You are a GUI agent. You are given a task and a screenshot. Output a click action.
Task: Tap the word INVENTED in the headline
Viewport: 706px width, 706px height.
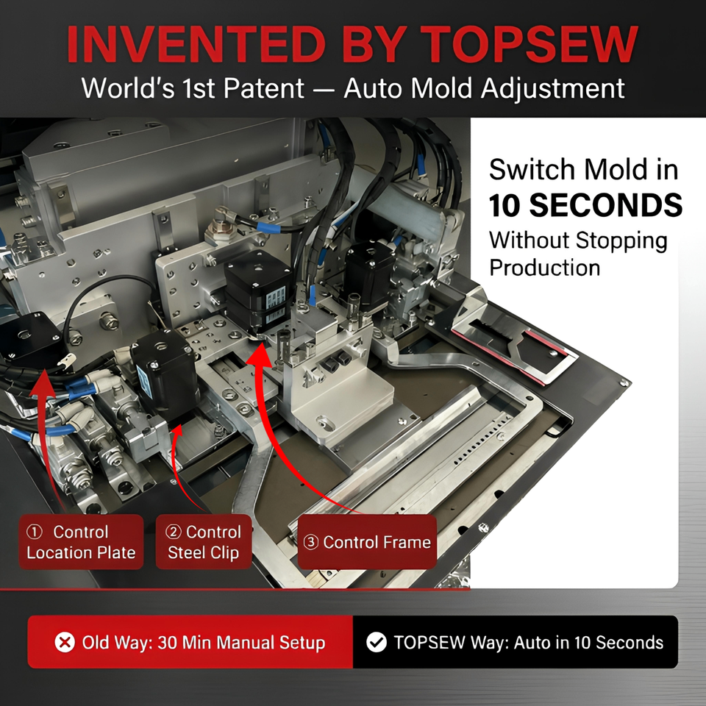pyautogui.click(x=196, y=44)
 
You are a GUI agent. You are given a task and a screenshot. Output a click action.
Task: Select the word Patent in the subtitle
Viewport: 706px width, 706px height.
pyautogui.click(x=264, y=88)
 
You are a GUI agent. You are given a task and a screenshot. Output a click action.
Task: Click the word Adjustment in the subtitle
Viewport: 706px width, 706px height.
pyautogui.click(x=552, y=88)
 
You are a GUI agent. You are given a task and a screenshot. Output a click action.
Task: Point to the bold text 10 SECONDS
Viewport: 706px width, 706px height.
pyautogui.click(x=585, y=205)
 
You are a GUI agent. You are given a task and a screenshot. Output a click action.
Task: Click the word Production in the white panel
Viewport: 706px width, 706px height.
pyautogui.click(x=545, y=268)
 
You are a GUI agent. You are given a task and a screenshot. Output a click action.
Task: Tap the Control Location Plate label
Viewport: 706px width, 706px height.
pyautogui.click(x=81, y=542)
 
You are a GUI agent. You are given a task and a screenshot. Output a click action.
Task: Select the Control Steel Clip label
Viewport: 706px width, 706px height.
pyautogui.click(x=204, y=542)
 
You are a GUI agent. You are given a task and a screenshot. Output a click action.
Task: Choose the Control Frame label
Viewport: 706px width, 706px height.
pyautogui.click(x=368, y=542)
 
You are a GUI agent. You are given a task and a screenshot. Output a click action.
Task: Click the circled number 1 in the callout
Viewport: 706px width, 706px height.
pyautogui.click(x=35, y=532)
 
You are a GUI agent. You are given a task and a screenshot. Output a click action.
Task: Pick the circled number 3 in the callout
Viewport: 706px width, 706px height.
pyautogui.click(x=310, y=542)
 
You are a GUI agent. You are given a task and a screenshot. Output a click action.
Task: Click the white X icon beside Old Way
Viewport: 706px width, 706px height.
pyautogui.click(x=65, y=642)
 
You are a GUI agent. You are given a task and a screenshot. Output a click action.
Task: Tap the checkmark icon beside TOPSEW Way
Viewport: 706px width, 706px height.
pyautogui.click(x=377, y=642)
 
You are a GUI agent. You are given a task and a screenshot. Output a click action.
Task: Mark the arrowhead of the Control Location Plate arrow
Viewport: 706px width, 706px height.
pyautogui.click(x=43, y=382)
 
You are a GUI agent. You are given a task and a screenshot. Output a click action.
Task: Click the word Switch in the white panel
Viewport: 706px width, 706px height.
pyautogui.click(x=518, y=170)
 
